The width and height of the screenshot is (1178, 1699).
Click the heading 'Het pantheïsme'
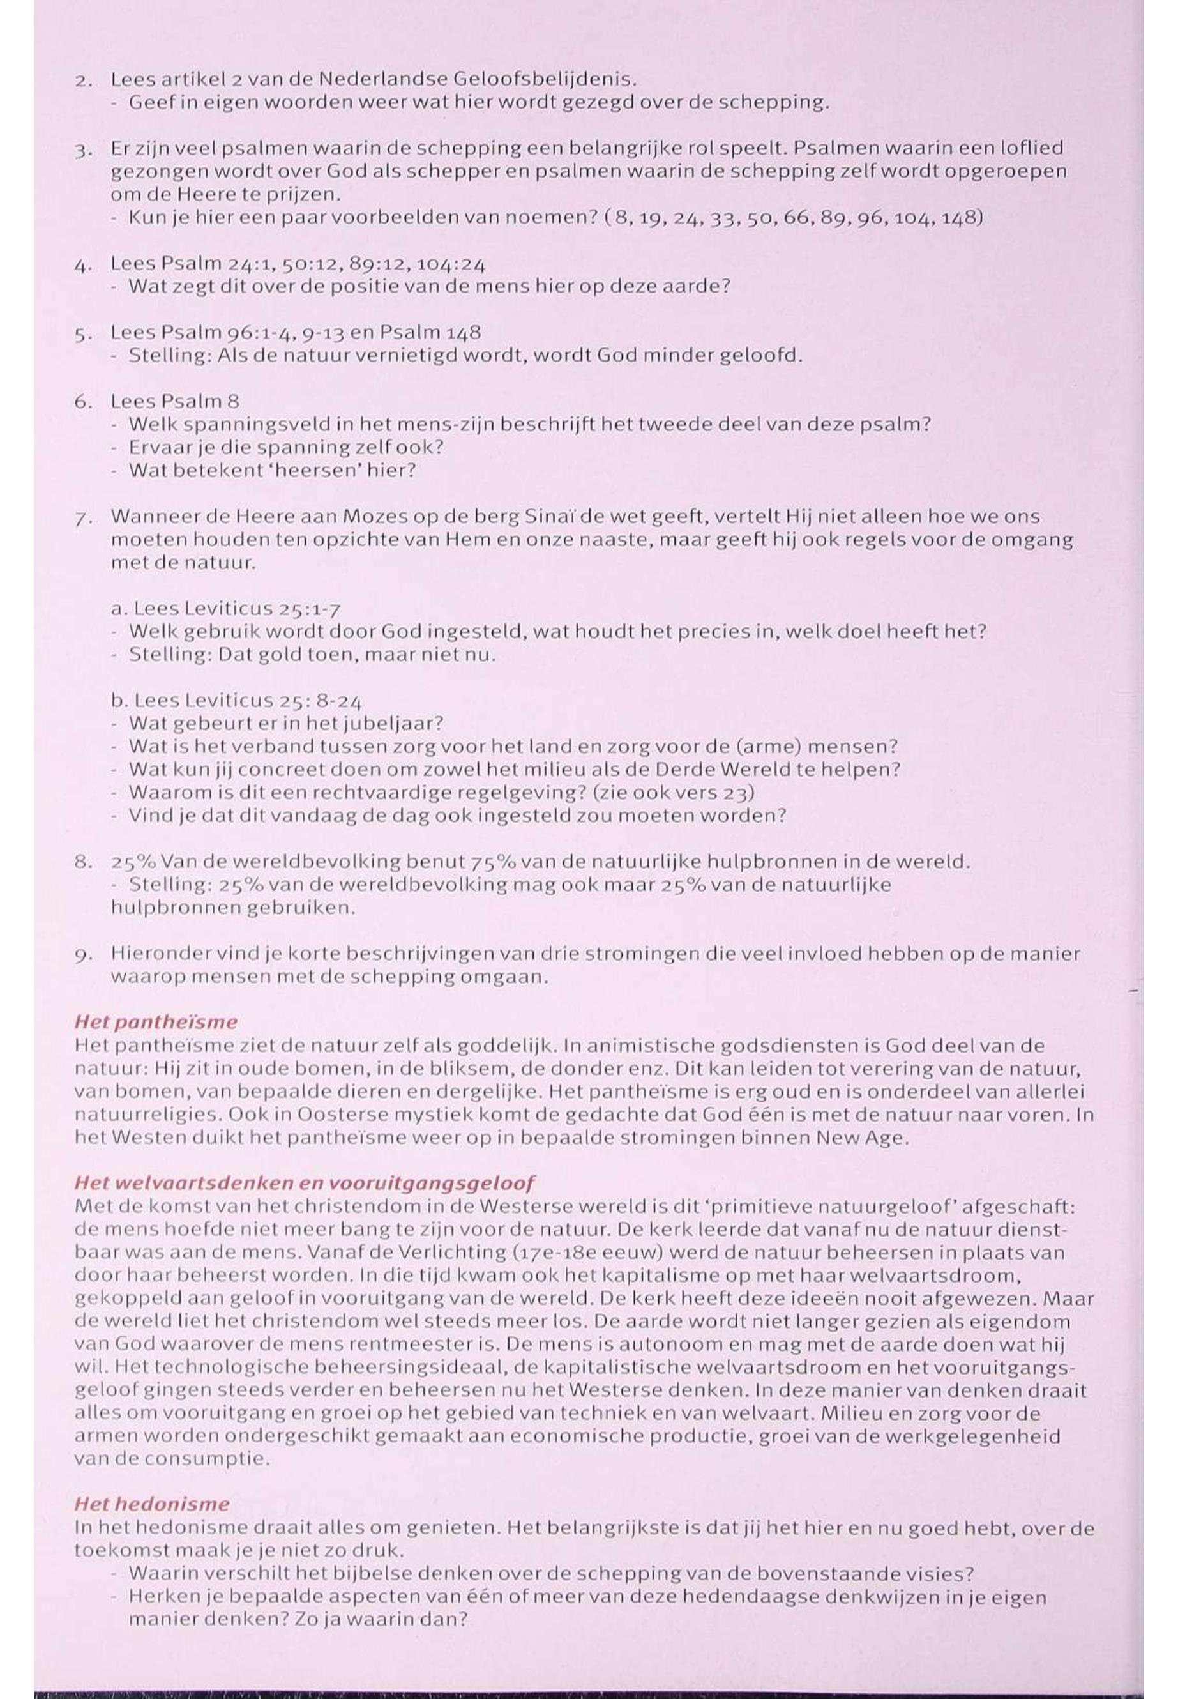[156, 1022]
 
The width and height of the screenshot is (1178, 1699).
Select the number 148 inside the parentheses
[962, 218]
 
